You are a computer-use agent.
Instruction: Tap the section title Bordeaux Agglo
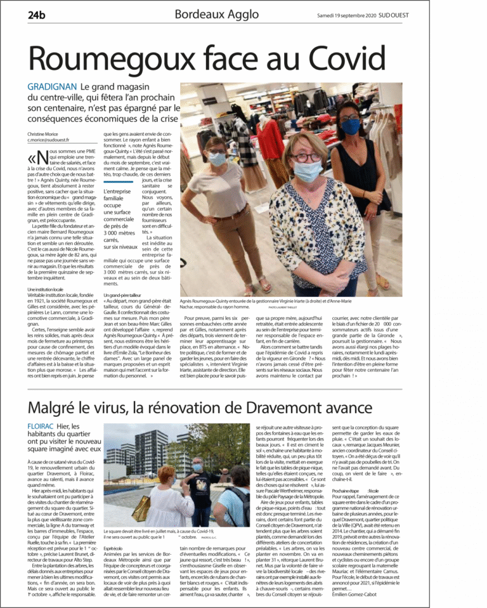pyautogui.click(x=216, y=14)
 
